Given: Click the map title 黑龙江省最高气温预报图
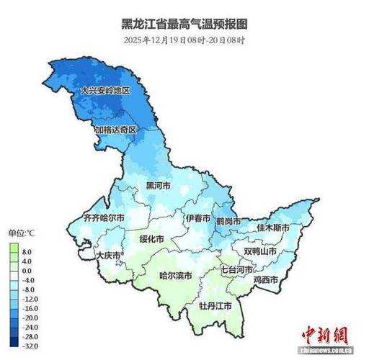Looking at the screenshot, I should pos(184,24).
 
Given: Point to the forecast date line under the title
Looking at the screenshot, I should pos(184,40).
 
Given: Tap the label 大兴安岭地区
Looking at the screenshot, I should pos(105,91).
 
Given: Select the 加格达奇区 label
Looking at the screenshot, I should pos(115,130).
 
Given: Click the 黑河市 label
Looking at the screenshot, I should pos(159,186).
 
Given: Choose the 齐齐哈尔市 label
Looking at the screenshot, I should pos(104,217).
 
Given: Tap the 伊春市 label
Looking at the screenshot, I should pos(197,218).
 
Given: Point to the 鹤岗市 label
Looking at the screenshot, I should pos(230,221).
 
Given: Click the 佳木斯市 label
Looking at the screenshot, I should pos(273,228).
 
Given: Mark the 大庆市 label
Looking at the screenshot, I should pos(108,255).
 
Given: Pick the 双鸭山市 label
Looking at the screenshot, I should pos(262,251).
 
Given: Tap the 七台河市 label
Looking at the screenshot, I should pos(236,269).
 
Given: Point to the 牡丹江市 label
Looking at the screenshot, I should pos(215,306).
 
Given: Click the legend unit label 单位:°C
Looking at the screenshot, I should pos(22,233).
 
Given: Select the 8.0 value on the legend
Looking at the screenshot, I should pos(27,252).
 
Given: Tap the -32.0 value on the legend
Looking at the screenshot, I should pos(29,345).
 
